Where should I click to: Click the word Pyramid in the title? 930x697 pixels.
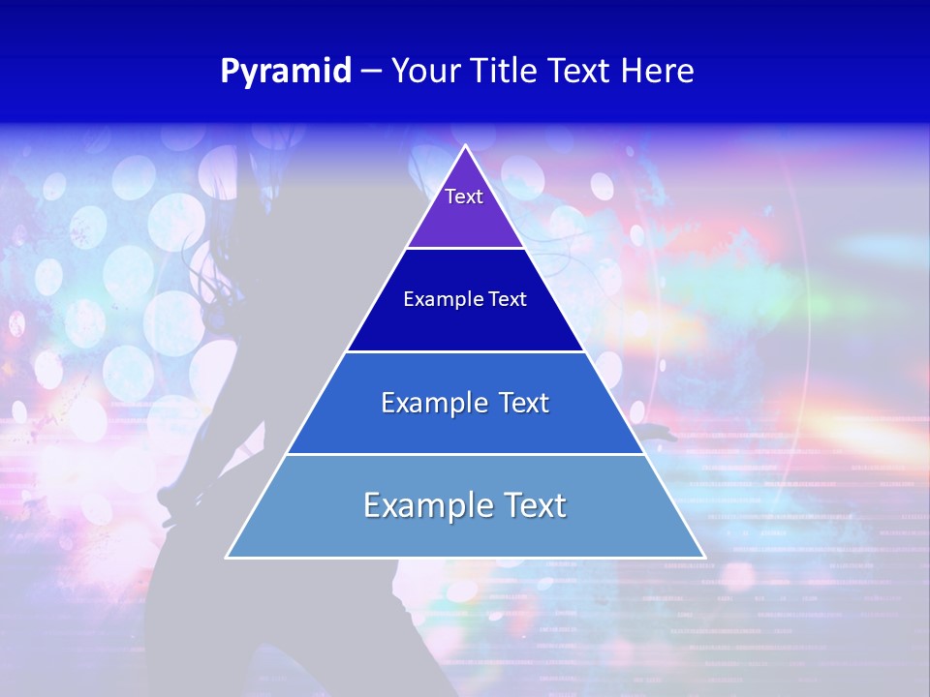tap(286, 72)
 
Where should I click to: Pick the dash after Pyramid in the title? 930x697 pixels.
tap(371, 72)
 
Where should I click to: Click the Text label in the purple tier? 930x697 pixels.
tap(464, 197)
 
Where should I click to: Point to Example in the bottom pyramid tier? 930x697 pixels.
tap(424, 505)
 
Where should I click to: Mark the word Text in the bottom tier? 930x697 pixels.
tap(534, 505)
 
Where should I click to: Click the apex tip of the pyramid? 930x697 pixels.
tap(466, 147)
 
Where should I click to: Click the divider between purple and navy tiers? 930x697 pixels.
tap(465, 249)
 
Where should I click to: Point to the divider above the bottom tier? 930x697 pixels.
tap(465, 454)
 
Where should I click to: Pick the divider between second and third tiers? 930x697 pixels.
tap(465, 351)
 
